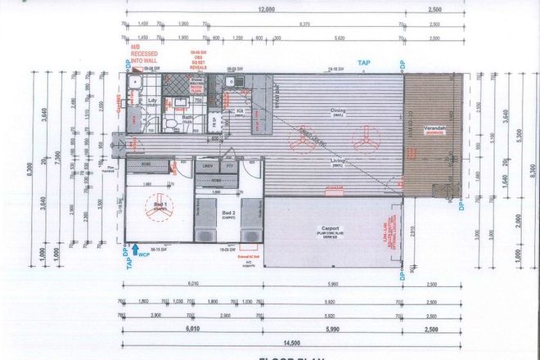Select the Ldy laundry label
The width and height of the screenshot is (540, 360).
152,101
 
